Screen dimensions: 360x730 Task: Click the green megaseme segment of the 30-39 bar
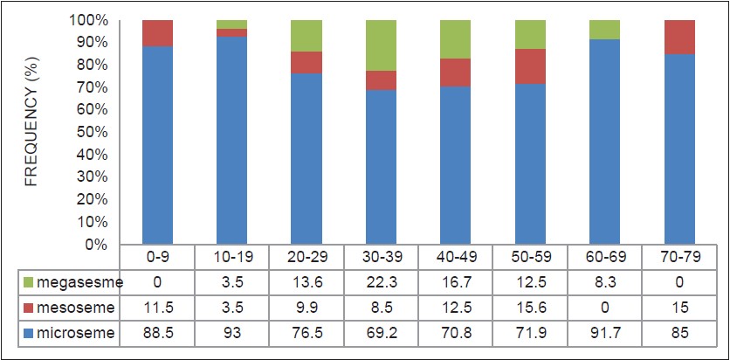coord(381,45)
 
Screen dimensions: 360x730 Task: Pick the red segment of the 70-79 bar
coord(681,37)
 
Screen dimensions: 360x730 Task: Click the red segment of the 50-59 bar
coord(531,66)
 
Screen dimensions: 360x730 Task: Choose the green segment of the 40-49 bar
coord(456,39)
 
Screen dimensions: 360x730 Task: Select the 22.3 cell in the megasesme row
coord(381,282)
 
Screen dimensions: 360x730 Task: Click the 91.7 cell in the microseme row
coord(606,333)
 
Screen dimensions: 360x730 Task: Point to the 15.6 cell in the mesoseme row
coord(531,307)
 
